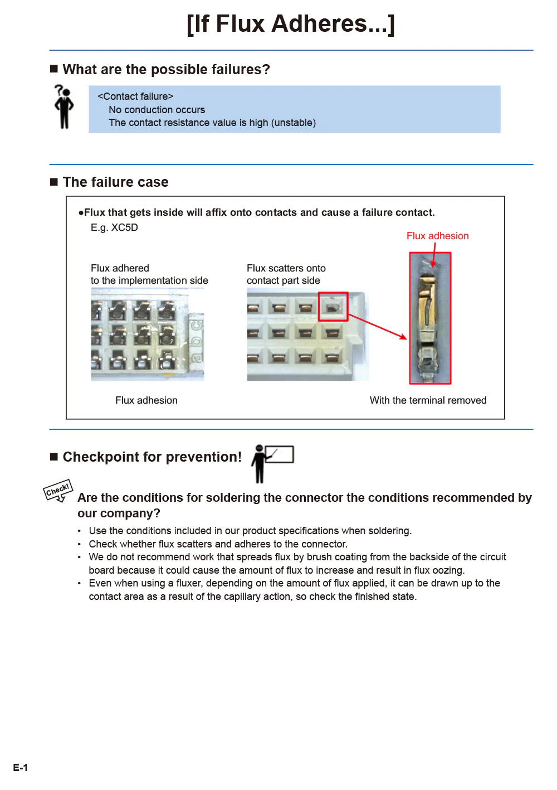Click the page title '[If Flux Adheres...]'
pyautogui.click(x=291, y=24)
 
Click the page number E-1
pyautogui.click(x=21, y=768)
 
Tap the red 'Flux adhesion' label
pyautogui.click(x=437, y=236)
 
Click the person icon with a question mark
pyautogui.click(x=64, y=106)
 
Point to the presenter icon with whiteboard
pyautogui.click(x=272, y=463)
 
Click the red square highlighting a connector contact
pyautogui.click(x=333, y=306)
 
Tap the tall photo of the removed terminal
pyautogui.click(x=430, y=318)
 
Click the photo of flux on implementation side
pyautogui.click(x=148, y=335)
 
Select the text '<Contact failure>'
pyautogui.click(x=135, y=96)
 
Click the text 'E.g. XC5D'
pyautogui.click(x=114, y=227)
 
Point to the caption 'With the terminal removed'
pyautogui.click(x=428, y=400)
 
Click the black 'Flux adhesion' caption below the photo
pyautogui.click(x=146, y=400)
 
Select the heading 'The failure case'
pyautogui.click(x=115, y=182)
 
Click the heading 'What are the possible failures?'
pyautogui.click(x=166, y=70)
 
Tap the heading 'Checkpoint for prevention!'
pyautogui.click(x=152, y=457)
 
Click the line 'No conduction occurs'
pyautogui.click(x=157, y=110)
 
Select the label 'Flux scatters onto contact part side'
pyautogui.click(x=286, y=274)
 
